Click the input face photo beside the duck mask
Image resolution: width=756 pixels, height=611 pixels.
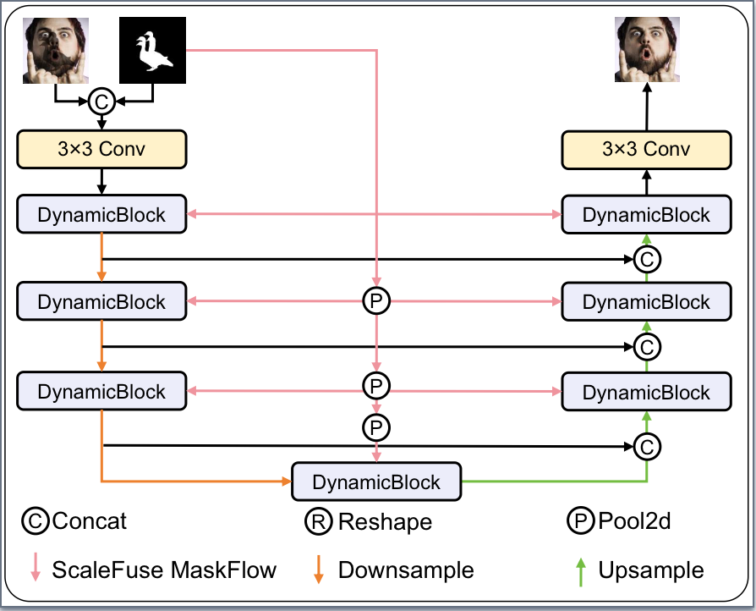pyautogui.click(x=55, y=51)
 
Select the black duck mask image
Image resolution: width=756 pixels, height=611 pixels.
pyautogui.click(x=152, y=51)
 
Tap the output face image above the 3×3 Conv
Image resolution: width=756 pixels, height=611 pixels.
pyautogui.click(x=647, y=51)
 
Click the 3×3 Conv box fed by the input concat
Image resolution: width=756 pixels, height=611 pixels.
pyautogui.click(x=101, y=150)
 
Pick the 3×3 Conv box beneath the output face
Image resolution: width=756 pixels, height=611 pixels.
pyautogui.click(x=647, y=150)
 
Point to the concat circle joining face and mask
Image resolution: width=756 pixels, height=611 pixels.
pyautogui.click(x=101, y=102)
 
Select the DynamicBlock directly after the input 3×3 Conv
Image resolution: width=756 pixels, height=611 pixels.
pyautogui.click(x=101, y=215)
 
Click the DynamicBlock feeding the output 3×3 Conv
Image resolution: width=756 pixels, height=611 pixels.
pyautogui.click(x=647, y=215)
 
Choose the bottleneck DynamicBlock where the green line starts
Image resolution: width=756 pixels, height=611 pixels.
pyautogui.click(x=376, y=482)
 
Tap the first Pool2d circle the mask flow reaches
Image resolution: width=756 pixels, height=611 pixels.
pyautogui.click(x=375, y=300)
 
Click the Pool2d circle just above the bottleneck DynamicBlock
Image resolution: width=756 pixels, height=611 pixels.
pyautogui.click(x=375, y=427)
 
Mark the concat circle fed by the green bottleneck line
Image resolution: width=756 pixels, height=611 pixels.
pyautogui.click(x=647, y=446)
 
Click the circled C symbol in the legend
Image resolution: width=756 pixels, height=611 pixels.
pyautogui.click(x=36, y=520)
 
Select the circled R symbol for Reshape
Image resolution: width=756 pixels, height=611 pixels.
pyautogui.click(x=319, y=521)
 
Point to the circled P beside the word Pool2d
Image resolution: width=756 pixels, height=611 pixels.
pyautogui.click(x=582, y=520)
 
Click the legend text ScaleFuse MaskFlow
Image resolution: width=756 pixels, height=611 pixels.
pyautogui.click(x=164, y=570)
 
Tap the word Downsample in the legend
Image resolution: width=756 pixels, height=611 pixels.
pyautogui.click(x=406, y=570)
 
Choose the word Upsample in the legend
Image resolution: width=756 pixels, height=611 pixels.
pyautogui.click(x=651, y=570)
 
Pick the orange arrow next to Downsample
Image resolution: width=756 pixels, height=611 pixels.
pyautogui.click(x=319, y=569)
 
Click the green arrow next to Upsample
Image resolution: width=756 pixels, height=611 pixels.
pyautogui.click(x=582, y=569)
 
